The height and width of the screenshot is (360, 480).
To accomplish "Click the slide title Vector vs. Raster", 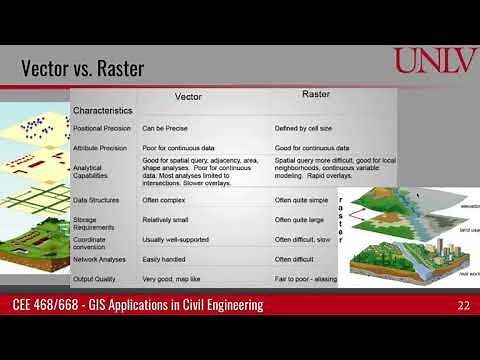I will (x=82, y=69).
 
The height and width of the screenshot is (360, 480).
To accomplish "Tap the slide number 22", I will (x=463, y=305).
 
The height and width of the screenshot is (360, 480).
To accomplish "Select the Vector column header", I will (x=188, y=97).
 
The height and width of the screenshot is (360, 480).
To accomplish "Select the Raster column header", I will (x=317, y=95).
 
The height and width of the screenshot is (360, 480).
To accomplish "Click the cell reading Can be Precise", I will (x=166, y=129).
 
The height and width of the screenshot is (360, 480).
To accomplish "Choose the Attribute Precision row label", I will (x=102, y=147).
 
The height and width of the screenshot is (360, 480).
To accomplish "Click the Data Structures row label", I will (x=98, y=200).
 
